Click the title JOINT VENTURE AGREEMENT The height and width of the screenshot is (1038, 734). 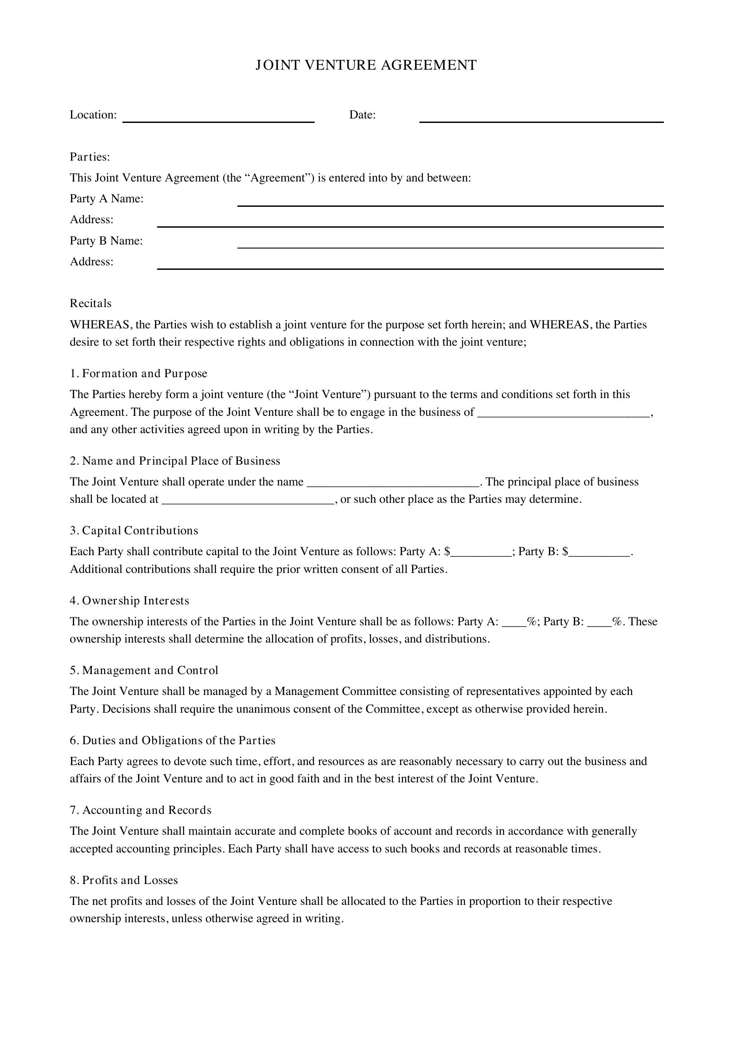[x=366, y=65]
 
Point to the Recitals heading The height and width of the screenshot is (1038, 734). [x=91, y=304]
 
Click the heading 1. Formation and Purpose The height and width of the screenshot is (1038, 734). [x=138, y=373]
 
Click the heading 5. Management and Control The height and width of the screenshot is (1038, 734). [x=144, y=671]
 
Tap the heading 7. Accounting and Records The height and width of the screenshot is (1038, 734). [x=140, y=810]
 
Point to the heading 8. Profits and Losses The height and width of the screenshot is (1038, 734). [x=124, y=880]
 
